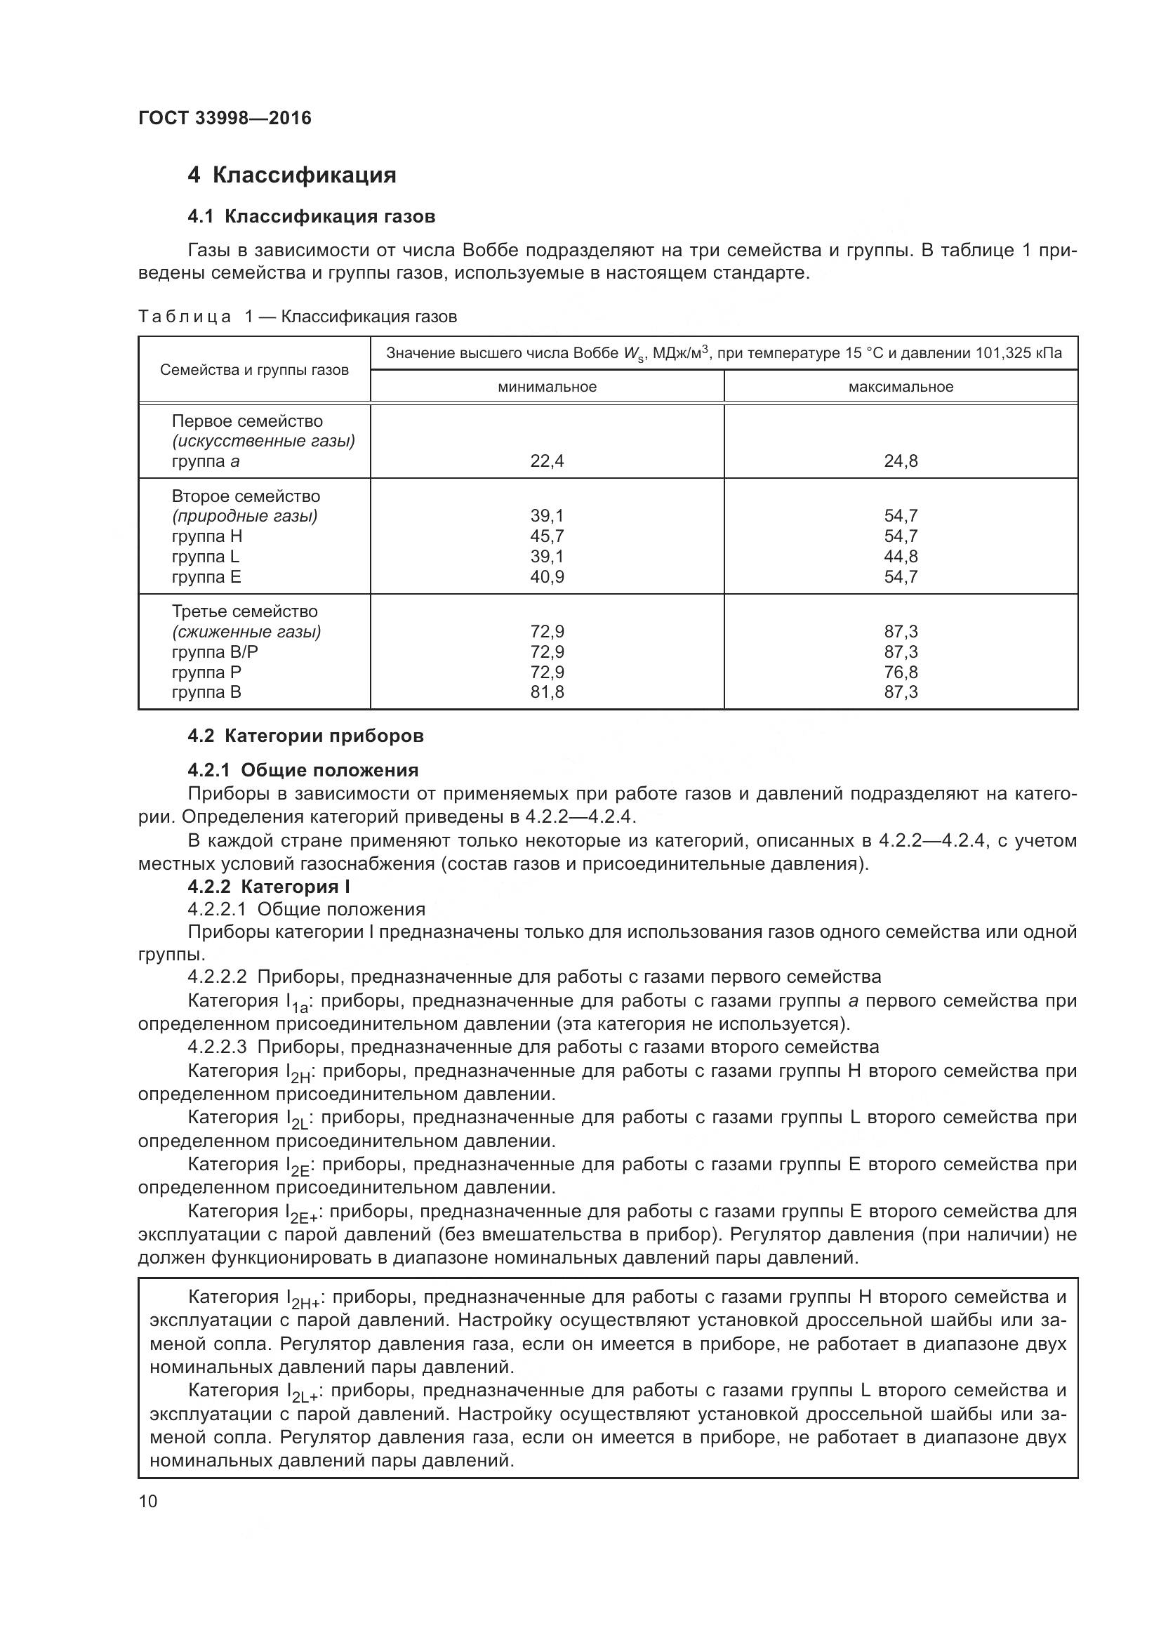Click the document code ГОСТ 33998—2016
[225, 118]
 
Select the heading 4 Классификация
[292, 175]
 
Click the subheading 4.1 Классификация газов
[311, 216]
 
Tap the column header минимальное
[547, 387]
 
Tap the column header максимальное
[901, 387]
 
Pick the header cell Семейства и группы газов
[255, 370]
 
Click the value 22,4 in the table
[547, 461]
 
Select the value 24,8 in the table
[901, 461]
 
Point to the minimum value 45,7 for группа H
[547, 536]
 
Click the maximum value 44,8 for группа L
[901, 557]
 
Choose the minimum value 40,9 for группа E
[547, 576]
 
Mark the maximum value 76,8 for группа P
[901, 673]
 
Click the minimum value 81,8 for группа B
[547, 692]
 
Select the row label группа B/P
[215, 652]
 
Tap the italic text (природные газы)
[244, 517]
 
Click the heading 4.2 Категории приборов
[305, 736]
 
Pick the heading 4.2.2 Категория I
[269, 887]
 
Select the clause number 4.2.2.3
[218, 1047]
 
